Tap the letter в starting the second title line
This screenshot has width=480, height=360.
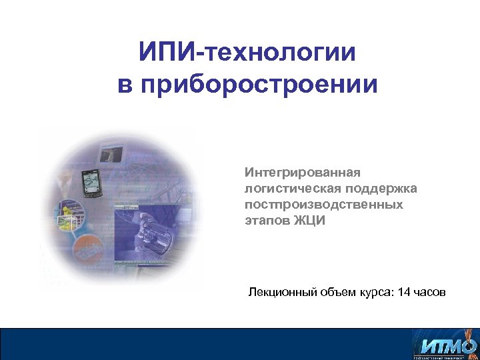click(123, 85)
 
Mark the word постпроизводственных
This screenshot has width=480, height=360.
click(323, 205)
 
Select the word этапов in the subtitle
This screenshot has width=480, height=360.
click(267, 221)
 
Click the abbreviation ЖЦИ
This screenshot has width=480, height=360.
click(310, 221)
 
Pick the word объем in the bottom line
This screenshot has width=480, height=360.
click(333, 293)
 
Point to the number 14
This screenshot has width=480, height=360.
click(403, 293)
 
